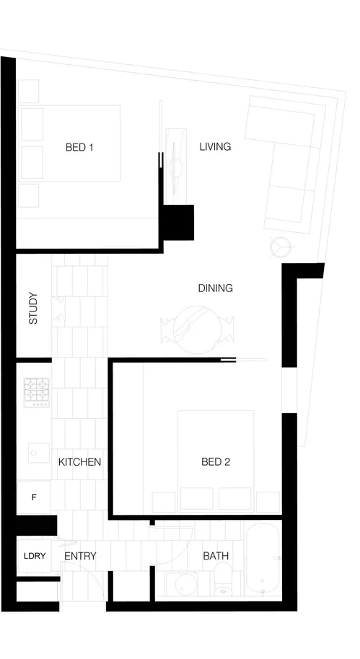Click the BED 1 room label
point(80,147)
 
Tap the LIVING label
point(215,146)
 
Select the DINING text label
point(215,288)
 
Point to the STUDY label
point(33,308)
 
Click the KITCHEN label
point(79,461)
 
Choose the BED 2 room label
point(215,461)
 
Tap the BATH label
point(216,556)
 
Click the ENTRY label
point(80,556)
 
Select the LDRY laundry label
point(34,556)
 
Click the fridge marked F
point(34,497)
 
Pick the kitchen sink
point(37,453)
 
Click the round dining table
point(197,329)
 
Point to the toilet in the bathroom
point(223,581)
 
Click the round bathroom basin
point(177,583)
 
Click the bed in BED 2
point(216,451)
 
